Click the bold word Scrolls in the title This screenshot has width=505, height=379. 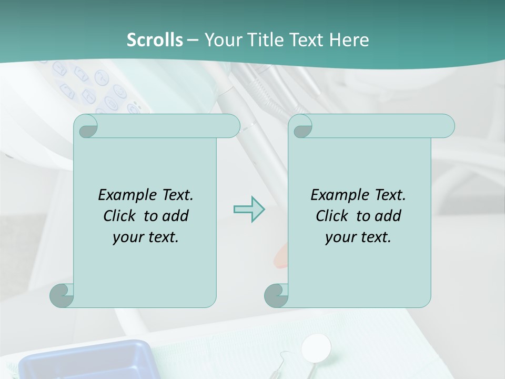[155, 39]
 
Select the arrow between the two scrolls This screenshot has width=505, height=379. [249, 209]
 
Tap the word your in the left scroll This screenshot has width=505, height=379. [127, 237]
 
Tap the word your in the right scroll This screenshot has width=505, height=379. [340, 237]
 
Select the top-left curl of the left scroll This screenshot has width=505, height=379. [86, 127]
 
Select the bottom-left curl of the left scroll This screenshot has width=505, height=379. [62, 295]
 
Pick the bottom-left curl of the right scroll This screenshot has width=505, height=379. [276, 295]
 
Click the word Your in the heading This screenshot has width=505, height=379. [221, 39]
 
